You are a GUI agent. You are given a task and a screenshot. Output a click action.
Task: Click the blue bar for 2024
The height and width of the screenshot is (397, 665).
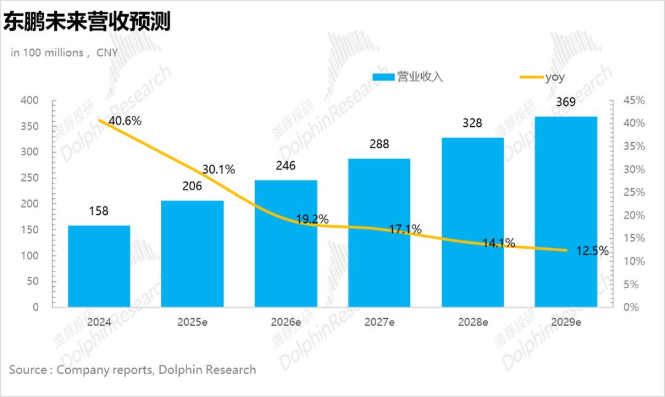tap(99, 266)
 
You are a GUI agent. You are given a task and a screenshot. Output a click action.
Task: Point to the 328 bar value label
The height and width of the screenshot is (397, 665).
tap(472, 123)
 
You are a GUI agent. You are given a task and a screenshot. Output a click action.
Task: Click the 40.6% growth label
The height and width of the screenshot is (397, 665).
tap(125, 121)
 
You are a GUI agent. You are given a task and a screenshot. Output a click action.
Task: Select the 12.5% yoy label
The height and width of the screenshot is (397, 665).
tap(593, 251)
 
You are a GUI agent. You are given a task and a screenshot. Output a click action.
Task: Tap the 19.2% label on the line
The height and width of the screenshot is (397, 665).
tap(312, 219)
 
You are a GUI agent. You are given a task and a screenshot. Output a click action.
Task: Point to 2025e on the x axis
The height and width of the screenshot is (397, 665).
tap(192, 322)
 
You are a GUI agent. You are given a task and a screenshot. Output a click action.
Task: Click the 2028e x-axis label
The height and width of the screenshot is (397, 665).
tap(472, 322)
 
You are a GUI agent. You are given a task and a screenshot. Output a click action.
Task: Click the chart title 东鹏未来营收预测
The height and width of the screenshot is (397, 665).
tap(87, 22)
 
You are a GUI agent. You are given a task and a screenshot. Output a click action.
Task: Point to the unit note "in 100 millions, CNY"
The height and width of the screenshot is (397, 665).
tap(64, 53)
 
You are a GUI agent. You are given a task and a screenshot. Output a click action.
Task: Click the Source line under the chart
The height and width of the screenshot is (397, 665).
tap(132, 370)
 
